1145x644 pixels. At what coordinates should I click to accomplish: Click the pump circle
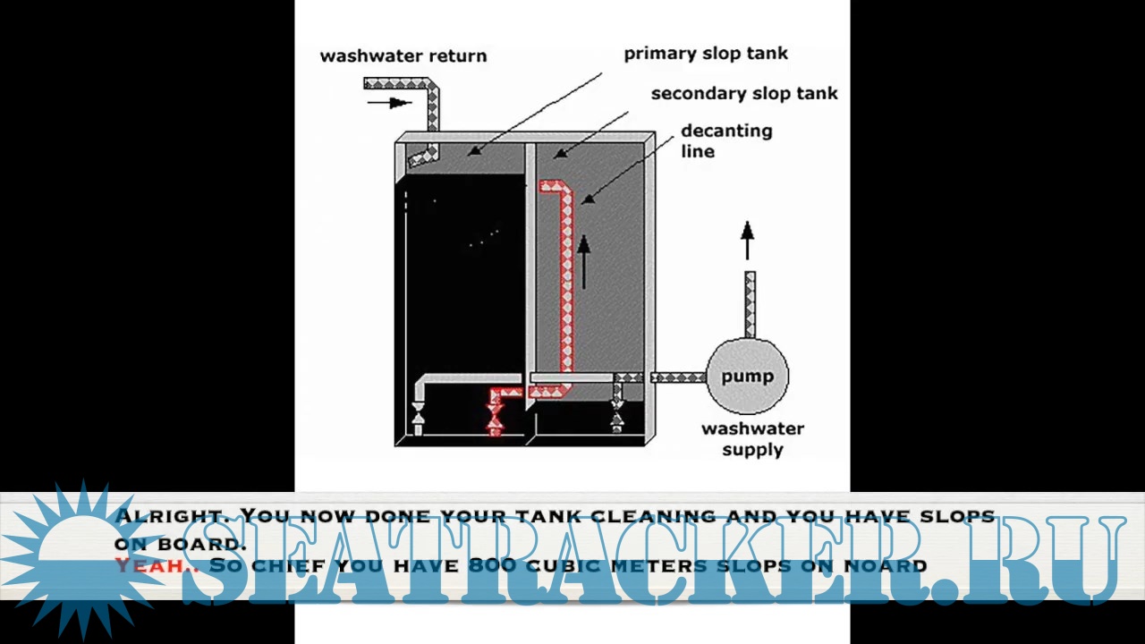pyautogui.click(x=747, y=376)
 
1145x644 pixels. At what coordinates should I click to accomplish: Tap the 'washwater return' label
pyautogui.click(x=403, y=55)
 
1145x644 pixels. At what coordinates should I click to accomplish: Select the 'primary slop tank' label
pyautogui.click(x=706, y=53)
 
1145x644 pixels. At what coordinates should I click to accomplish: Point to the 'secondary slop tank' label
pyautogui.click(x=744, y=93)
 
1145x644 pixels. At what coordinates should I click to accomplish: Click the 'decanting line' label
pyautogui.click(x=725, y=140)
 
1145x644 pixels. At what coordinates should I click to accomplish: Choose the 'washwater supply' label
pyautogui.click(x=752, y=438)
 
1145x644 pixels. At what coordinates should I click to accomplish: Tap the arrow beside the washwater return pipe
pyautogui.click(x=389, y=102)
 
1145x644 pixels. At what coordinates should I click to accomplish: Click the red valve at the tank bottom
pyautogui.click(x=495, y=417)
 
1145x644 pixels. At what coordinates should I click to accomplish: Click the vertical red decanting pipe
pyautogui.click(x=566, y=286)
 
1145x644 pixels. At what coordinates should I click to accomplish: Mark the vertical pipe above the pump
pyautogui.click(x=750, y=304)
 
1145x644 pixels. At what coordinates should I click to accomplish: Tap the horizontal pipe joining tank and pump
pyautogui.click(x=677, y=377)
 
